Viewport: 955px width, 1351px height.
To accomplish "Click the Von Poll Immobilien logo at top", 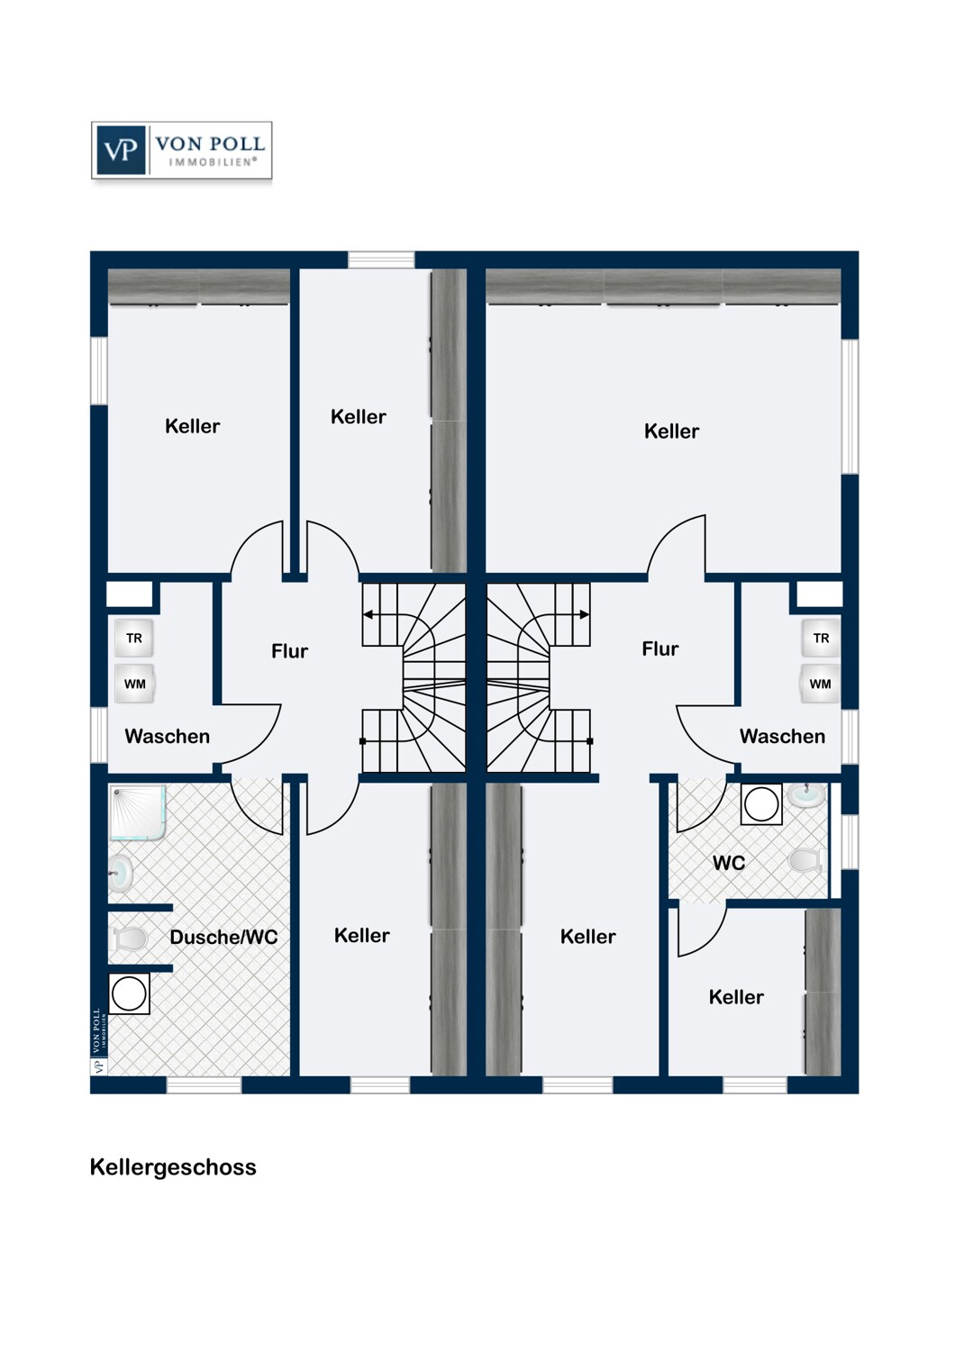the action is click(182, 150).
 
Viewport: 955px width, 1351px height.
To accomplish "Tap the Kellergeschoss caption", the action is click(173, 1167).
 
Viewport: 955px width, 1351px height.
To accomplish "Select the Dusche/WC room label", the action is click(223, 937).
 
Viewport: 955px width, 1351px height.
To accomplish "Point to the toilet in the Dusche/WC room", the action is click(129, 938).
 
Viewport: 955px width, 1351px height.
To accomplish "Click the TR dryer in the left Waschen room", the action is click(134, 638).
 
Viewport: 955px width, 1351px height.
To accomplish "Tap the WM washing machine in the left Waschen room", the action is click(134, 684).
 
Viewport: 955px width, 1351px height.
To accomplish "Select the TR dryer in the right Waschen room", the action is click(821, 638).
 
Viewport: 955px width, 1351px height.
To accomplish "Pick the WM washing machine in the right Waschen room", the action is click(821, 684).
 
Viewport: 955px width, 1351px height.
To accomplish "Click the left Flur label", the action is click(289, 651).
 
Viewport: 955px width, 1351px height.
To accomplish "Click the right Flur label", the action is click(660, 648).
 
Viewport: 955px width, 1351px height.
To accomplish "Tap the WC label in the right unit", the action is click(729, 863).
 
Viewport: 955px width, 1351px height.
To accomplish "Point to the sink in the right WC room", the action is click(805, 794).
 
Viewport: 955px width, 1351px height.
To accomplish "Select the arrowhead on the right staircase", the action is click(585, 614).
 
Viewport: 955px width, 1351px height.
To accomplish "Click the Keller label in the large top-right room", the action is click(671, 431).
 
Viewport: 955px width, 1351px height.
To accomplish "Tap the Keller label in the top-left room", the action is click(193, 426).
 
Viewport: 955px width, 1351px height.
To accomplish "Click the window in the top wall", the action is click(381, 259).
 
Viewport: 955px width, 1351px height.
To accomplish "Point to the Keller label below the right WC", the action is click(736, 997).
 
